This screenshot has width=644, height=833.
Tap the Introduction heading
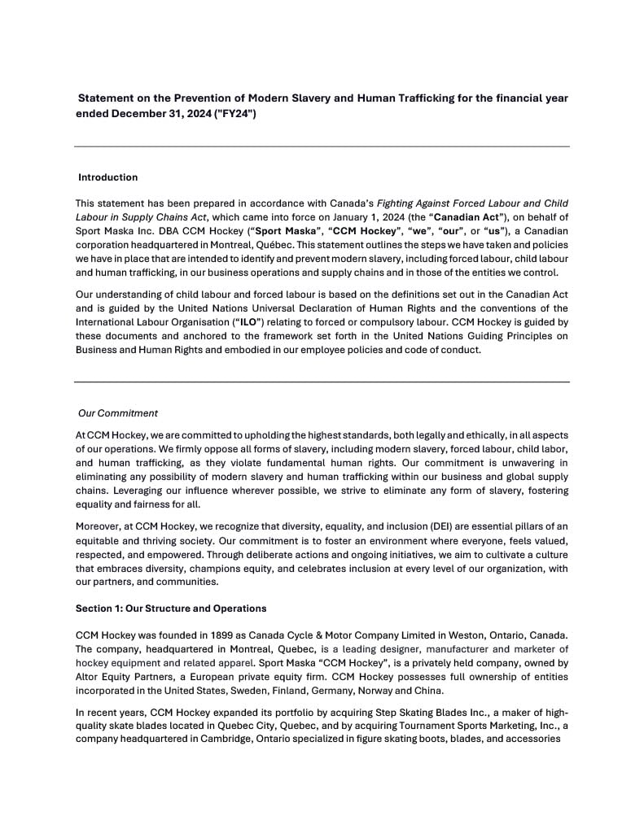click(x=107, y=177)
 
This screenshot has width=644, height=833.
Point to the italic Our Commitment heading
click(x=117, y=413)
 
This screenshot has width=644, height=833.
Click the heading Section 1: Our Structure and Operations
click(x=171, y=608)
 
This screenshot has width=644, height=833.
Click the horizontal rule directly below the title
click(x=322, y=146)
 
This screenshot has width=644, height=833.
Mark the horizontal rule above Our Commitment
click(x=322, y=382)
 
